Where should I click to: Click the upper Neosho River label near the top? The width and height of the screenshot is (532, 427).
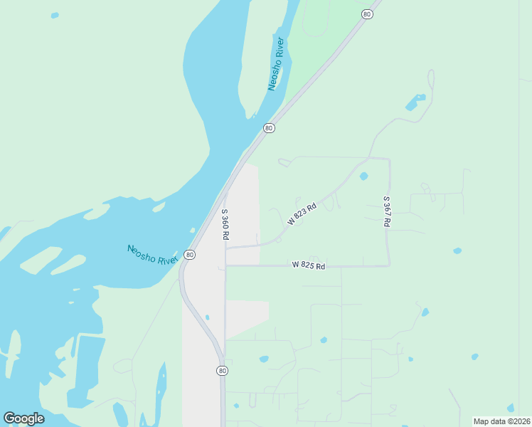point(276,64)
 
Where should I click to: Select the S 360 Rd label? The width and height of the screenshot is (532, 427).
point(225,224)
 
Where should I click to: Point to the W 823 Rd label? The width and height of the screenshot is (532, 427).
point(302,212)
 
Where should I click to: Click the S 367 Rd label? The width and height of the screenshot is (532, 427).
point(386,211)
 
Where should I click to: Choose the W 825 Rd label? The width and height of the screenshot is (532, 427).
point(308,265)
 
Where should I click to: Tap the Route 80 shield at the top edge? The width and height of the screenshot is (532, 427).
point(366,14)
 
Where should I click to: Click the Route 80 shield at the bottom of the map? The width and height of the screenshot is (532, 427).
point(222,371)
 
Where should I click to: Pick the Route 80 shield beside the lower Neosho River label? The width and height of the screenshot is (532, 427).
point(188,255)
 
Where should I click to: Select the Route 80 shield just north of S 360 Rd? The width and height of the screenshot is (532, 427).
point(268,128)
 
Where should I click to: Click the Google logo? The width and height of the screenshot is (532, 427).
point(23,418)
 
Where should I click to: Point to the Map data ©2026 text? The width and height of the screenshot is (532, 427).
point(502,421)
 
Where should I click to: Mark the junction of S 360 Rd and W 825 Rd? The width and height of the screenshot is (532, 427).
point(225,266)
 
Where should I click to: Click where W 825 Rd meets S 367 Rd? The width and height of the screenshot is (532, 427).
point(389,265)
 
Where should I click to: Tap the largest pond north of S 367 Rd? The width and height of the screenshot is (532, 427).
point(415,102)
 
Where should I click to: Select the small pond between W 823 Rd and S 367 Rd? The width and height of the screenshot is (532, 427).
point(364,176)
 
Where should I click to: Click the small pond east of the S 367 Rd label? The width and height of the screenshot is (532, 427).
point(457,251)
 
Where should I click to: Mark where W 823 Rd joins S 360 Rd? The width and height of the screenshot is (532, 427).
point(225,247)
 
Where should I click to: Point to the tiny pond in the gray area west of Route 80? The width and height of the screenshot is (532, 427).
point(207,317)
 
